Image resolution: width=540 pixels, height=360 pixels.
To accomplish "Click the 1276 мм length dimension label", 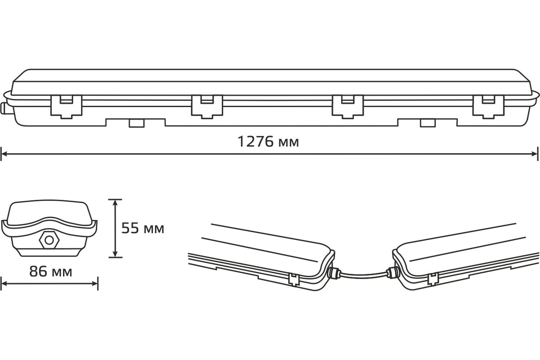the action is click(268, 142).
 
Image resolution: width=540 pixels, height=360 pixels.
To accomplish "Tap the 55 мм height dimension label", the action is click(143, 228).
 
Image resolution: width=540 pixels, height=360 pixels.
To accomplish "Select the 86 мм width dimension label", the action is click(50, 271).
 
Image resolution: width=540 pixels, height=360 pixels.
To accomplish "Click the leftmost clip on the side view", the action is click(66, 107).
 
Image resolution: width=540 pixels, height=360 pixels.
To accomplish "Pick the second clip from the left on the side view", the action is click(207, 107).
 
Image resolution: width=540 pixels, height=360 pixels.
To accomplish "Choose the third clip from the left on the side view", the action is click(347, 107).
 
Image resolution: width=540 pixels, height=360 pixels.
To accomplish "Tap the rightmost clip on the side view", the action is click(488, 107).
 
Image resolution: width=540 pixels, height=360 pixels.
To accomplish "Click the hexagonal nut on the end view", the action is click(49, 240).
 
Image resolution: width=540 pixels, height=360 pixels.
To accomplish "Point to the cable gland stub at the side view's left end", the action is click(4, 109).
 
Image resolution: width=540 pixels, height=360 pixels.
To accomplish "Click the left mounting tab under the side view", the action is click(137, 123).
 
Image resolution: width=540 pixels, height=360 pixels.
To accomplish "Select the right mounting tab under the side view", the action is click(427, 123).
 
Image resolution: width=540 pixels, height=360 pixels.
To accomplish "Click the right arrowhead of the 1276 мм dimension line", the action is click(535, 154).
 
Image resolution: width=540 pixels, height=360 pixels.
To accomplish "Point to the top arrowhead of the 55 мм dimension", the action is click(115, 203).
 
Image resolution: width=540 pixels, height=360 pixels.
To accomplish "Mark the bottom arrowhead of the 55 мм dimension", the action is click(115, 254).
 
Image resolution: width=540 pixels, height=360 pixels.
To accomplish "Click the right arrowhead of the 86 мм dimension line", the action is click(95, 283).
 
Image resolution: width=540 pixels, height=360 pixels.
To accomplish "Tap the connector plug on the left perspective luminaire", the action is click(334, 273).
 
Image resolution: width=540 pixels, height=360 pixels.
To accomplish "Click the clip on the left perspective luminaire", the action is click(294, 279).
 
